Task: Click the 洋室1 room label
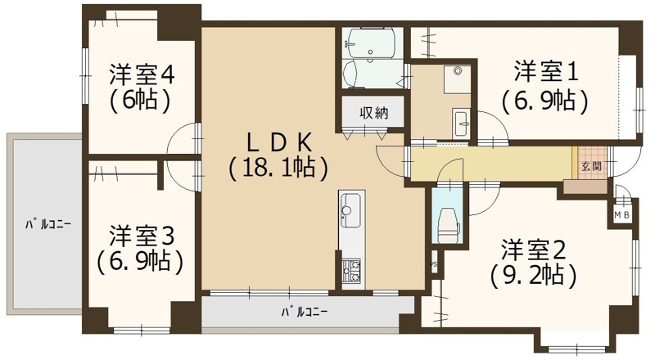546,72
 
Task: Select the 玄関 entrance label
590,165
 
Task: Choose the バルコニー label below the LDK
305,312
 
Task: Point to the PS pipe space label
432,266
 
